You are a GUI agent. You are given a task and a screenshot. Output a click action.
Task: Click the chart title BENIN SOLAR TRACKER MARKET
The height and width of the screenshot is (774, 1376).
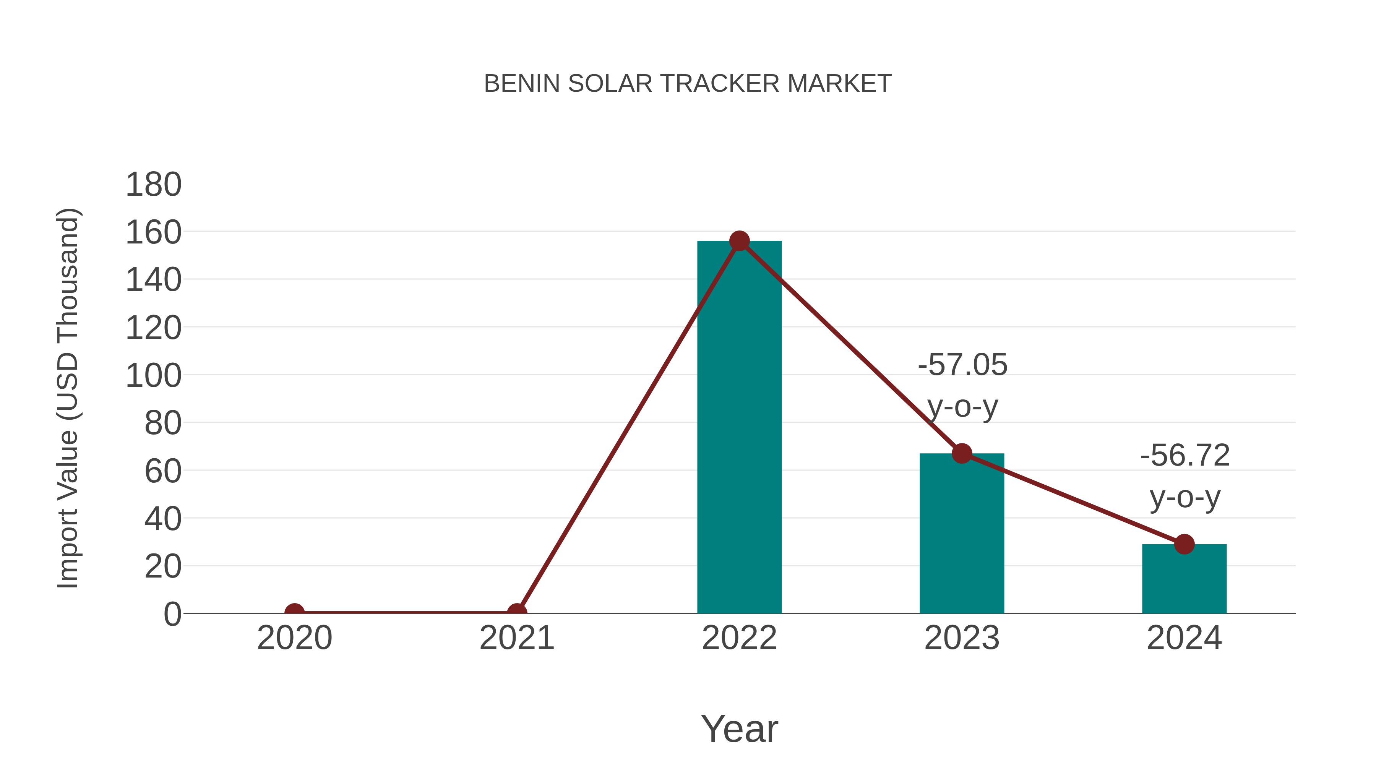tap(688, 83)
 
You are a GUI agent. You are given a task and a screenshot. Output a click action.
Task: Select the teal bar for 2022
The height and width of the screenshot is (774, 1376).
tap(739, 427)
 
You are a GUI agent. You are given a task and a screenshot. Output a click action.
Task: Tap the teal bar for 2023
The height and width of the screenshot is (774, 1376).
tap(962, 534)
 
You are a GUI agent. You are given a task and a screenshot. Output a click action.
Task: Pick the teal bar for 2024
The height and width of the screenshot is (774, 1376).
tap(1184, 579)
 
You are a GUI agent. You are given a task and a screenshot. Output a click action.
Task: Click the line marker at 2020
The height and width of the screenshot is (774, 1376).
tap(294, 613)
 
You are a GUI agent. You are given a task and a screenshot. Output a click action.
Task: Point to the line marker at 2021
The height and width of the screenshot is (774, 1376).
tap(516, 613)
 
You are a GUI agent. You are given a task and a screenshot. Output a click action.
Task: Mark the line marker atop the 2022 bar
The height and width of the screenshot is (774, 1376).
tap(739, 242)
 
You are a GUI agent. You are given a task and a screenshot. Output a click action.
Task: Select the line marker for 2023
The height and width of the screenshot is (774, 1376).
tap(962, 453)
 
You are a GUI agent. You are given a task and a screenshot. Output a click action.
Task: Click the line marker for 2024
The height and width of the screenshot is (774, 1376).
tap(1184, 544)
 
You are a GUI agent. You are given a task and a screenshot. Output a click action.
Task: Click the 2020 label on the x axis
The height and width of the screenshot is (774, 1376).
tap(294, 638)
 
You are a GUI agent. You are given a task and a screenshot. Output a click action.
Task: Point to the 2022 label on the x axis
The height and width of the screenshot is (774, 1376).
tap(739, 638)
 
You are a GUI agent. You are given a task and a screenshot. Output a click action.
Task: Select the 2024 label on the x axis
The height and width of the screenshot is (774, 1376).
tap(1184, 638)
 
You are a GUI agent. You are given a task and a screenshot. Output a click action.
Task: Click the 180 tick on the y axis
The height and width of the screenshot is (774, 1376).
tap(153, 185)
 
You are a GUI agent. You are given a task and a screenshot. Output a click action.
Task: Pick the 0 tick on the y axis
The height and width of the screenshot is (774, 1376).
tap(172, 614)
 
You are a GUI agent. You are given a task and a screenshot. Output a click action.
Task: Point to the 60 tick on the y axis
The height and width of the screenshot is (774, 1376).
tap(163, 471)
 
